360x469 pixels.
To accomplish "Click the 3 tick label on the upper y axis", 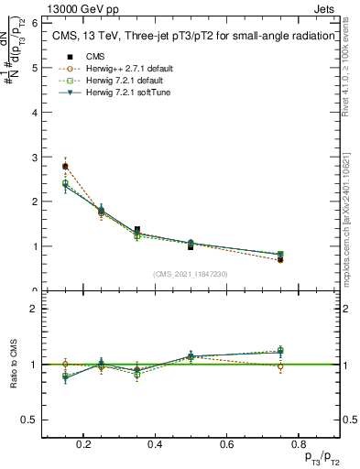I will [x=34, y=158].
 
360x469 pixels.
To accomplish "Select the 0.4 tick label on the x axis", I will [x=154, y=445].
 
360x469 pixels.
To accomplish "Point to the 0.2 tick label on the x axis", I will [x=84, y=445].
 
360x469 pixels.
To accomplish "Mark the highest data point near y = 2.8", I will [x=65, y=166].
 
